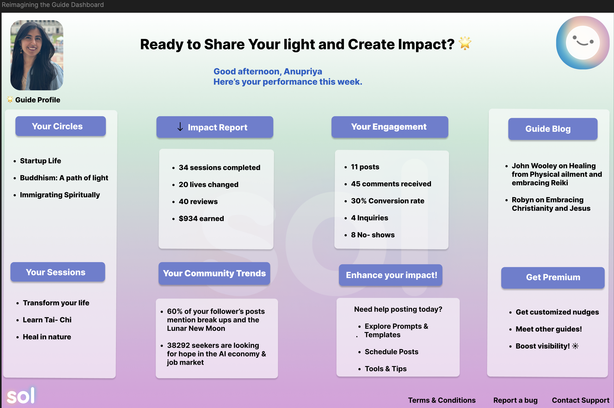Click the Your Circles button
coord(60,126)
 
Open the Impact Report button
coord(215,127)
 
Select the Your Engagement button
coord(390,127)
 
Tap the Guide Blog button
coord(553,129)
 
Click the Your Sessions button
coord(58,272)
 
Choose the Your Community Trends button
coord(214,273)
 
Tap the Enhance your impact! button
coord(391,275)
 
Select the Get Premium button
coord(553,277)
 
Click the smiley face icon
coord(582,43)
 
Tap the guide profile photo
coord(37,55)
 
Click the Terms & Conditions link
coord(442,400)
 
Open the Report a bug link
coord(515,400)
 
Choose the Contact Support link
coord(580,400)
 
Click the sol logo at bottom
coord(21,396)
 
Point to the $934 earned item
coord(201,218)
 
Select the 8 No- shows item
coord(373,235)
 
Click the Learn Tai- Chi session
coord(47,320)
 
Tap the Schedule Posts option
coord(391,352)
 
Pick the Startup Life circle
coord(40,161)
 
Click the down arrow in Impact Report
coord(180,127)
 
